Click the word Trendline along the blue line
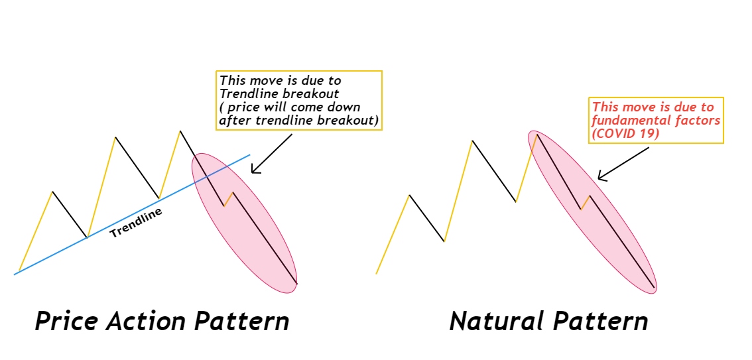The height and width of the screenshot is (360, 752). click(136, 222)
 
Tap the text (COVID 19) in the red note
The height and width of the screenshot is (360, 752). click(625, 134)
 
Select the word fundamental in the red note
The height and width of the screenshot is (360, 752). click(623, 120)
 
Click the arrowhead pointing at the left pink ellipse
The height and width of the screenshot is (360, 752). click(255, 169)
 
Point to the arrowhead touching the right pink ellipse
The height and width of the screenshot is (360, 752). click(602, 177)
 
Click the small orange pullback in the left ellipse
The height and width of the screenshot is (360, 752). click(228, 199)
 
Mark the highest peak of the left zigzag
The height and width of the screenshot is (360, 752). click(180, 131)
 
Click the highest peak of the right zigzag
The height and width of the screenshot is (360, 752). click(536, 134)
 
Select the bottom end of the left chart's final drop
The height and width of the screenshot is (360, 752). click(297, 284)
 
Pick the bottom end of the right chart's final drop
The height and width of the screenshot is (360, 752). click(654, 287)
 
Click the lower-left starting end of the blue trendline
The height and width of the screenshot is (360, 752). click(15, 274)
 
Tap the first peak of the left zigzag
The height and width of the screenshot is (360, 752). click(52, 192)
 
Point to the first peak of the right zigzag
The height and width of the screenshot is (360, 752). click(409, 195)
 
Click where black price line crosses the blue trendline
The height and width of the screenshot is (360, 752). click(208, 176)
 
